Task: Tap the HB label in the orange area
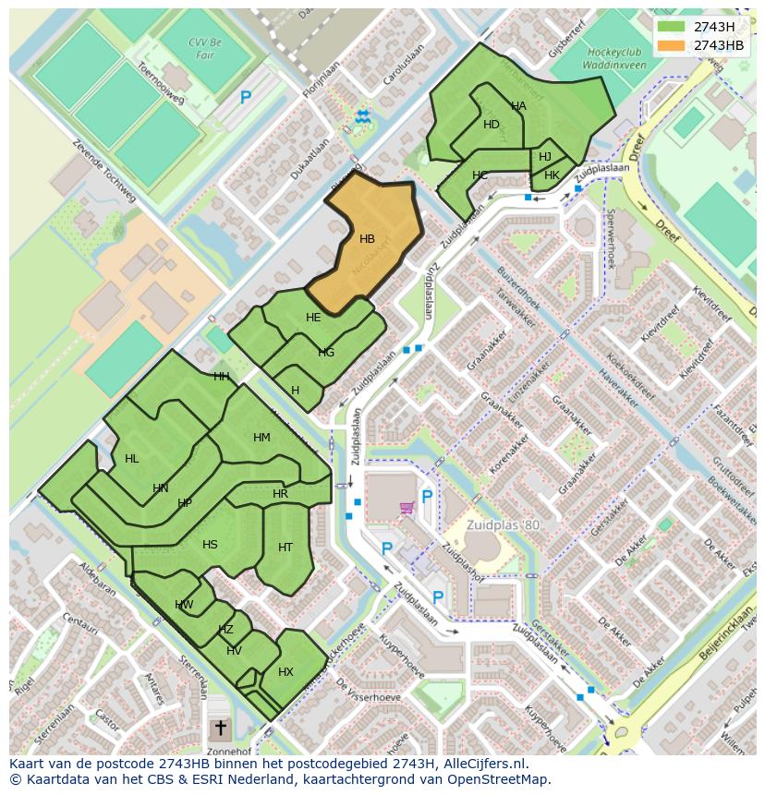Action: pyautogui.click(x=367, y=239)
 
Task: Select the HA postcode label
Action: pyautogui.click(x=518, y=106)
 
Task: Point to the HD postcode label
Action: pyautogui.click(x=492, y=125)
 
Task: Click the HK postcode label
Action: pyautogui.click(x=552, y=175)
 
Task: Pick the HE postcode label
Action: pyautogui.click(x=313, y=318)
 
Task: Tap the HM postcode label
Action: pyautogui.click(x=261, y=438)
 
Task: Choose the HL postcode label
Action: pyautogui.click(x=132, y=459)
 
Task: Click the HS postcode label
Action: pyautogui.click(x=210, y=545)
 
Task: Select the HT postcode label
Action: pyautogui.click(x=285, y=548)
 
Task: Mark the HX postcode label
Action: pyautogui.click(x=285, y=672)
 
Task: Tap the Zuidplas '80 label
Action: pyautogui.click(x=504, y=525)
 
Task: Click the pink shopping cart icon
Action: pyautogui.click(x=406, y=507)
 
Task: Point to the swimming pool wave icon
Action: pyautogui.click(x=362, y=115)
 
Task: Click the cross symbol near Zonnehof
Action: pyautogui.click(x=220, y=729)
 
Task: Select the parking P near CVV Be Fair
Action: pyautogui.click(x=246, y=97)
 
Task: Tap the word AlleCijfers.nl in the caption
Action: pyautogui.click(x=485, y=764)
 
